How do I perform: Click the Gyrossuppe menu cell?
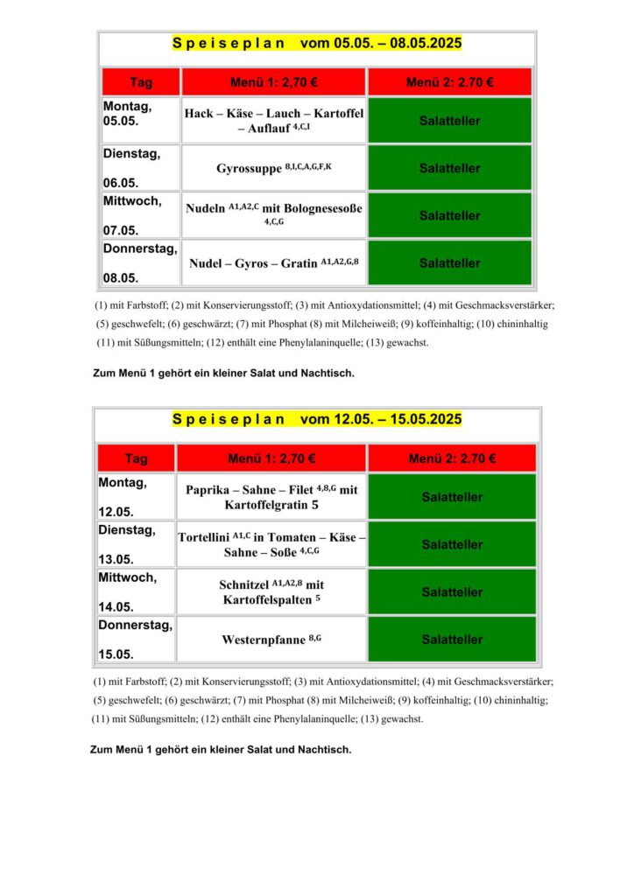273,168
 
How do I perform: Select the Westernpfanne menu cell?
271,640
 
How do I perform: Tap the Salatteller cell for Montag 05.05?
450,121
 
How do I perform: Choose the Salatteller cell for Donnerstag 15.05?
452,640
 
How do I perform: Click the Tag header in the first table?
141,82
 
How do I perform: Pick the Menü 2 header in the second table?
452,458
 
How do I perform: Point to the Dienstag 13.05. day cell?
136,544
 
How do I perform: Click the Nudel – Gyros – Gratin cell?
273,262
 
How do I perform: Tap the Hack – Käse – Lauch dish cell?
273,121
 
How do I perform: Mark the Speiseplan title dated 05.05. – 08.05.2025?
317,43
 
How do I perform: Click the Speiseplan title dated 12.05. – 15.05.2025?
317,419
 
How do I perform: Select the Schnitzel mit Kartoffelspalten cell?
271,592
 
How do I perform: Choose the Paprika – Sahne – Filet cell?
271,497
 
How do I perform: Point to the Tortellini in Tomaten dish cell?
271,544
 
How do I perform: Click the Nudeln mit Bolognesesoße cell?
273,215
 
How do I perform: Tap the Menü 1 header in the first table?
273,82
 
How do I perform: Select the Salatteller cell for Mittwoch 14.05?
452,592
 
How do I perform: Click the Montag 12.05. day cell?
136,497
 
